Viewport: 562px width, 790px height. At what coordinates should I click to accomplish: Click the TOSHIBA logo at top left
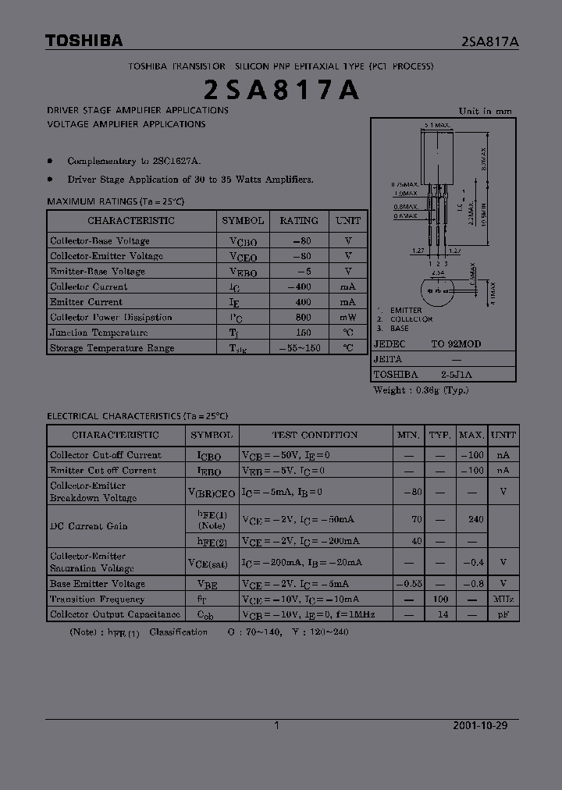coord(84,41)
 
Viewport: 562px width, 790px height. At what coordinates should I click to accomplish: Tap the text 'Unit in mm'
coord(486,111)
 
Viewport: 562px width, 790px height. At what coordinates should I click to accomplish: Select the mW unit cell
coord(347,318)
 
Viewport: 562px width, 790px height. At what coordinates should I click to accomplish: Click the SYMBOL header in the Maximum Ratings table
coord(243,221)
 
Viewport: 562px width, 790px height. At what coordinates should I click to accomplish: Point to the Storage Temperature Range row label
coord(112,348)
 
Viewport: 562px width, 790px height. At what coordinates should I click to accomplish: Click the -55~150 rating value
coord(299,348)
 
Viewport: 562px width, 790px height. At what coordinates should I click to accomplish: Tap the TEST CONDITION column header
coord(315,435)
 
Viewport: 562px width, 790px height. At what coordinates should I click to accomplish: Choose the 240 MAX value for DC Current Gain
coord(470,518)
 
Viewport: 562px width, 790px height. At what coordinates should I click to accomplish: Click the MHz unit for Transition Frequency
coord(503,600)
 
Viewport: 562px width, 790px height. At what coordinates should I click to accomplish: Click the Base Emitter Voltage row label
coord(98,584)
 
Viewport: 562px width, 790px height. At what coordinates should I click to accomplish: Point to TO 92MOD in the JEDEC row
coord(456,343)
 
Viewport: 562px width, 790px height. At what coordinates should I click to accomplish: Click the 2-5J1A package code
coord(456,374)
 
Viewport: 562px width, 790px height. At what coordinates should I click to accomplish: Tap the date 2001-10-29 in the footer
coord(480,725)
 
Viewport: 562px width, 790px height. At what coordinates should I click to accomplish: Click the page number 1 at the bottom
coord(277,725)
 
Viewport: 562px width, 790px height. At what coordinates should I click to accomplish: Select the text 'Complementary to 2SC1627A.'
coord(134,161)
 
